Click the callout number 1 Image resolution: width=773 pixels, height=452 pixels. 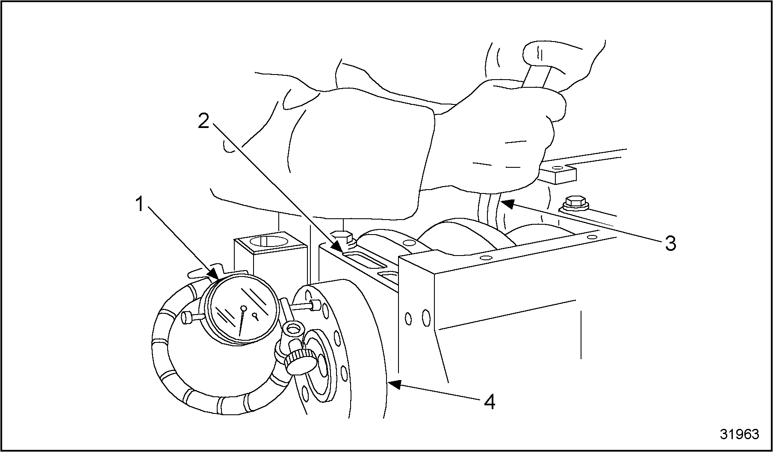pos(139,205)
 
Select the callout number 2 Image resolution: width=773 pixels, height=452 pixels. pos(204,122)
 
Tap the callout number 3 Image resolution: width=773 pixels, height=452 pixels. pos(670,243)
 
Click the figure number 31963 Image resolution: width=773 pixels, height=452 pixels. pos(739,434)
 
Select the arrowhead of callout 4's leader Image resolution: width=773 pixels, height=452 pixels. pos(394,384)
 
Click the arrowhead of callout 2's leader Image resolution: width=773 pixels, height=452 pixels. pos(337,246)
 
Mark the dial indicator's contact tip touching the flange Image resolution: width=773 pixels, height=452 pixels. pos(315,305)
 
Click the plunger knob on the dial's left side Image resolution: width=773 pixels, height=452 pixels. pos(187,318)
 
